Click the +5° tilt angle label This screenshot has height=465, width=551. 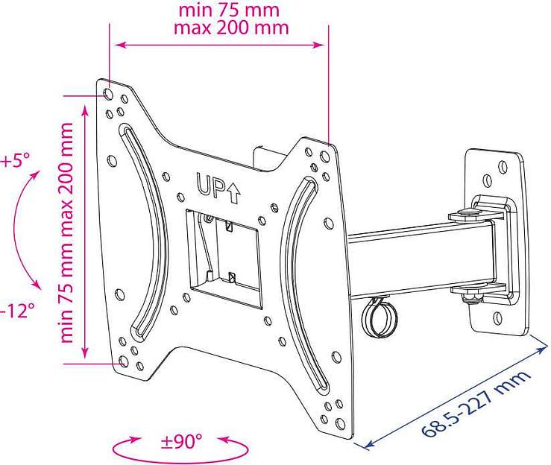(x=14, y=159)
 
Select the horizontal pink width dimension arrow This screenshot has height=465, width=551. (x=220, y=45)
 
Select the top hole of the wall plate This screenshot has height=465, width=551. (x=486, y=180)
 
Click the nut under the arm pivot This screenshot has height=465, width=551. (x=469, y=299)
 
